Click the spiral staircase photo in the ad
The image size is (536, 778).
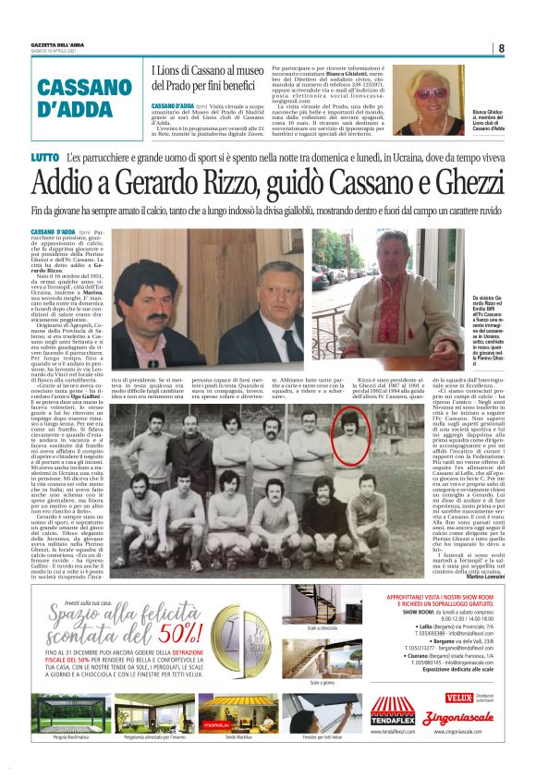322,602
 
